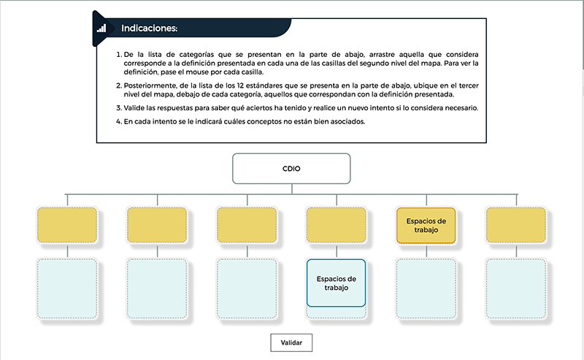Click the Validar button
291,342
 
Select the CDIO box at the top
291,169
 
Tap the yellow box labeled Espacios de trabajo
426,226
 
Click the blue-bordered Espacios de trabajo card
336,283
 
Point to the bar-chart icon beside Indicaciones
101,28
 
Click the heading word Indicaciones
150,28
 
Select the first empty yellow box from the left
67,225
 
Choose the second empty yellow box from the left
157,225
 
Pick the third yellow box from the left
247,225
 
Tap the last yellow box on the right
516,225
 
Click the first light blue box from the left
67,289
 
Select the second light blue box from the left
157,289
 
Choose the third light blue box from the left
247,289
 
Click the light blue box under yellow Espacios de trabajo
426,289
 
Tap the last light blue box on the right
516,289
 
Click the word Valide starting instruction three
133,108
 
